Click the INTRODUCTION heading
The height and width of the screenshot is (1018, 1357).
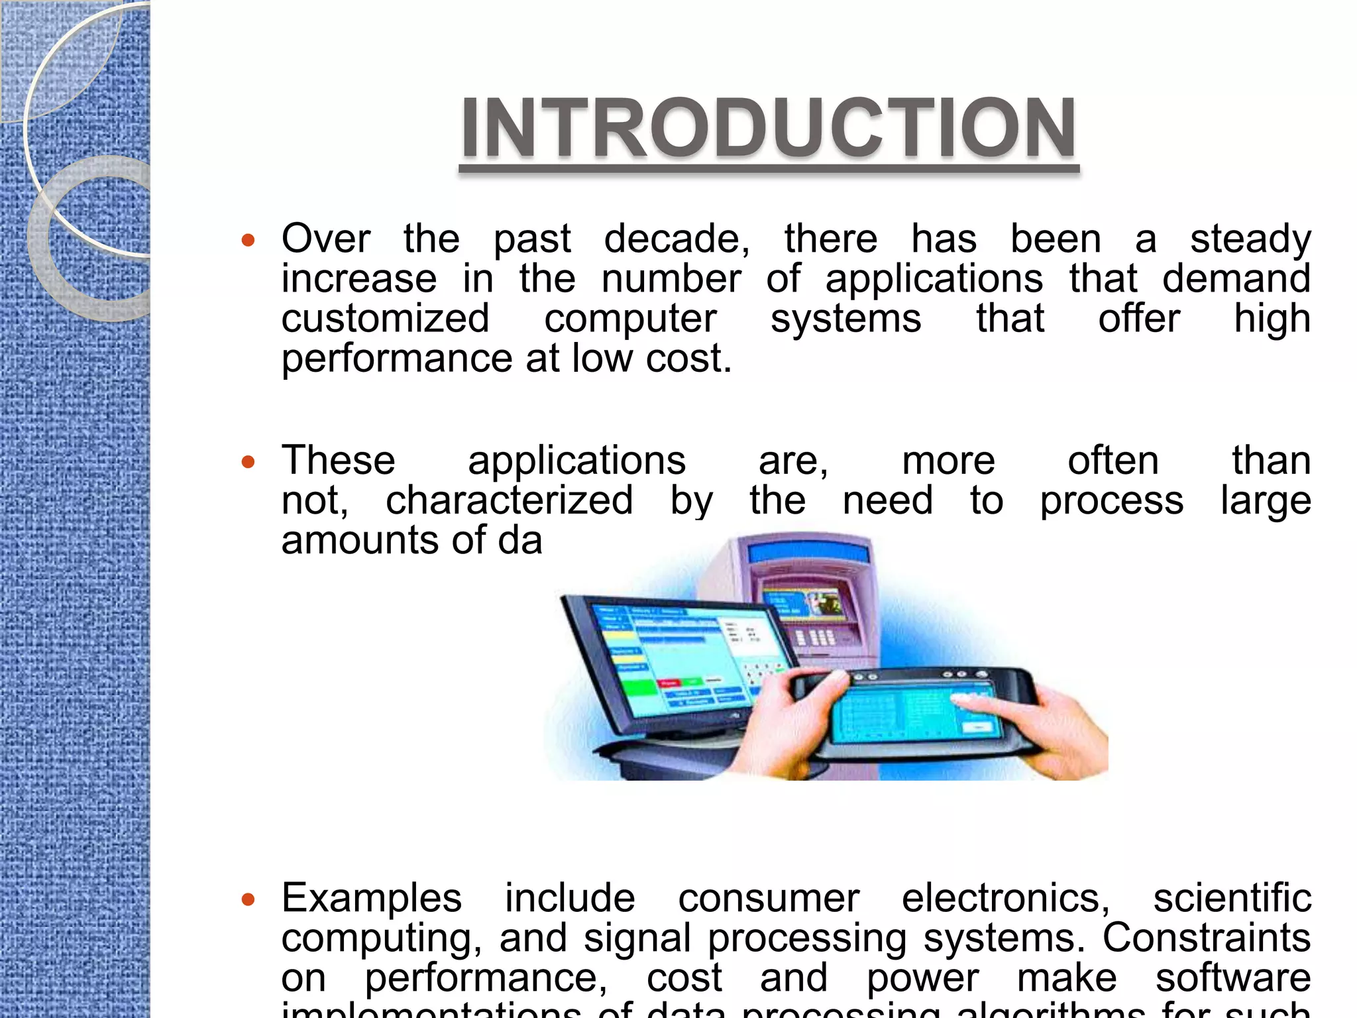[769, 128]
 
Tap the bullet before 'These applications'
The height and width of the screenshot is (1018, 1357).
[248, 461]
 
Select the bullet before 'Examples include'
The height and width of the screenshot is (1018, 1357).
[248, 899]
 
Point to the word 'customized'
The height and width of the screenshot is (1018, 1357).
[385, 319]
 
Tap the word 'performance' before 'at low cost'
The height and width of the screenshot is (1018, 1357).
[397, 359]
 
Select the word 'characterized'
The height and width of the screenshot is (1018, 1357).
[509, 500]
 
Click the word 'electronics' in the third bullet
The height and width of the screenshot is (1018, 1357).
[1005, 899]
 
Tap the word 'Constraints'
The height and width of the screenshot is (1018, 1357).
[1206, 938]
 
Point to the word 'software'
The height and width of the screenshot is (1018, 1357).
[1232, 978]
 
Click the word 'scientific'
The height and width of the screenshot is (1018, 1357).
[1232, 899]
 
